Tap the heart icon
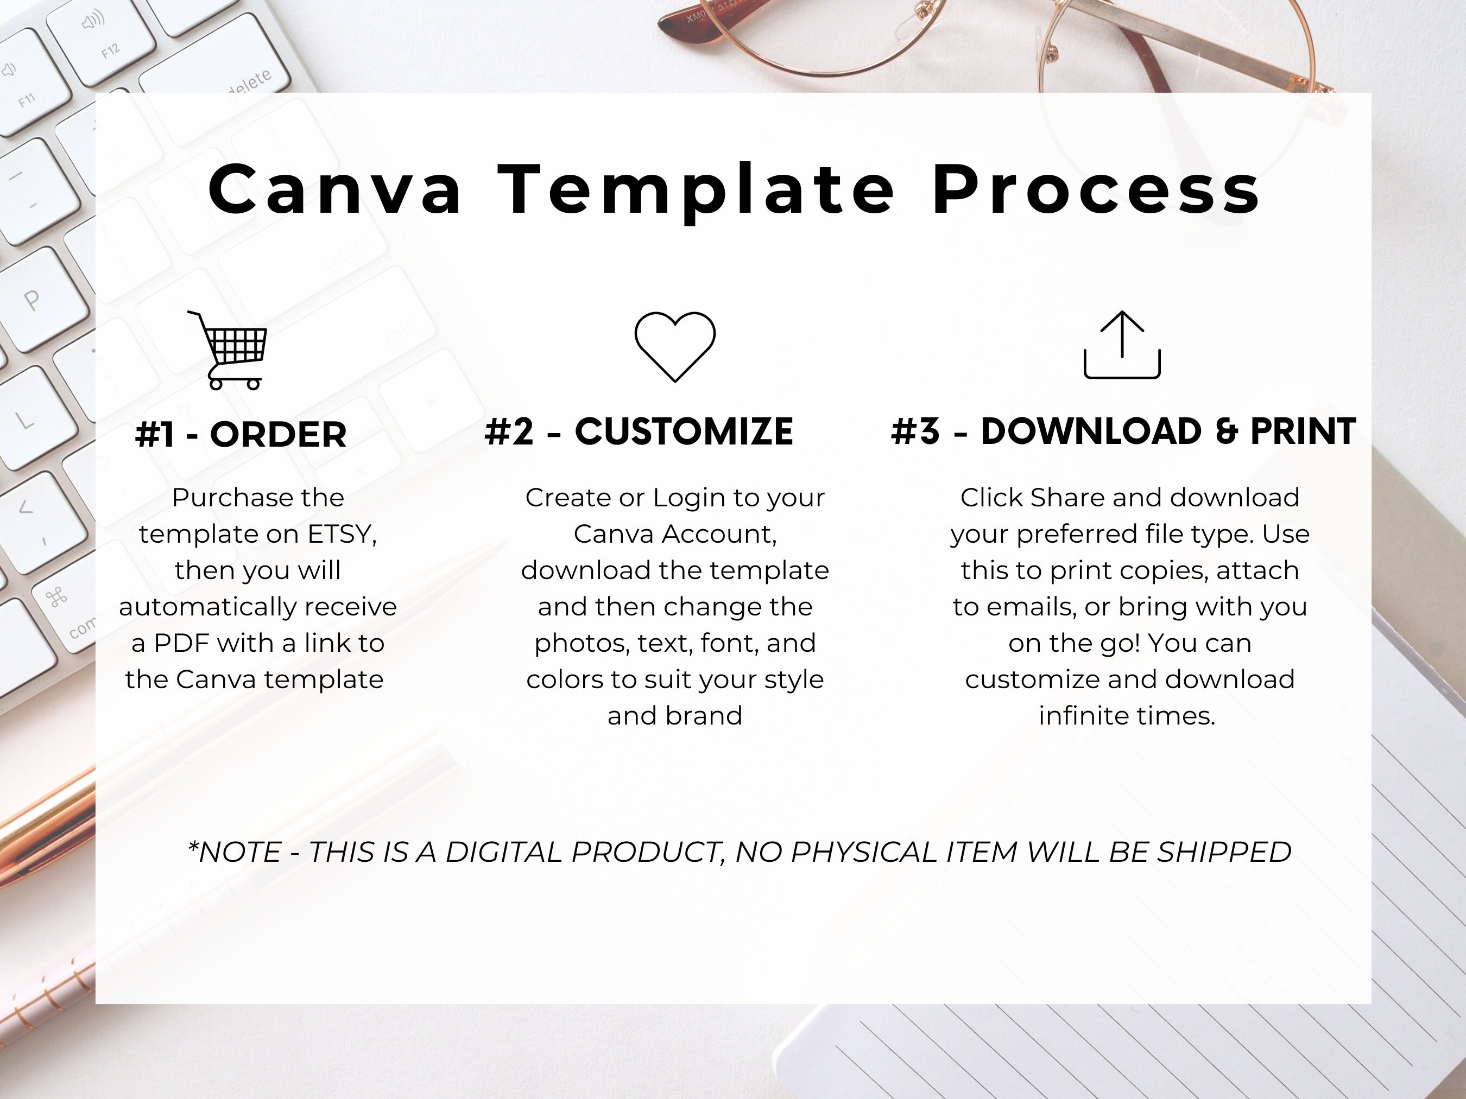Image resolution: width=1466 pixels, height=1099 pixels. click(x=675, y=346)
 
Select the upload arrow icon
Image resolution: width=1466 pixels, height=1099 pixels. click(x=1122, y=345)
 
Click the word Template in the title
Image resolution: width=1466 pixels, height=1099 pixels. click(x=696, y=192)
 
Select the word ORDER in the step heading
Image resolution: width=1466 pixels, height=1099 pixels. click(x=279, y=435)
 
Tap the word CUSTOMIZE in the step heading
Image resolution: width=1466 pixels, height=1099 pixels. click(x=684, y=432)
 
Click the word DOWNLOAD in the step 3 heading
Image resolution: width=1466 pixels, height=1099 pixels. click(x=1091, y=432)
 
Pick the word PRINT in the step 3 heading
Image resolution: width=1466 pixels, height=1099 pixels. click(x=1303, y=432)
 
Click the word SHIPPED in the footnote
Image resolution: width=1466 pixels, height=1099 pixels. click(x=1224, y=853)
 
